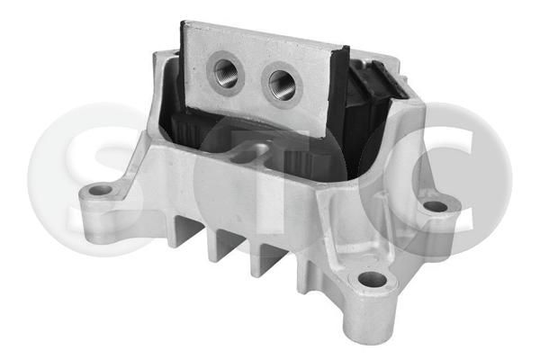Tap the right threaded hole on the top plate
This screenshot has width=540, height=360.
pos(282,85)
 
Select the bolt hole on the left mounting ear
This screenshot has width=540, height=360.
pos(101,190)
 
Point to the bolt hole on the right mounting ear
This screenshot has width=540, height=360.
pos(436,207)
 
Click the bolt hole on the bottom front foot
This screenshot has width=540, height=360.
pos(373,279)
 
